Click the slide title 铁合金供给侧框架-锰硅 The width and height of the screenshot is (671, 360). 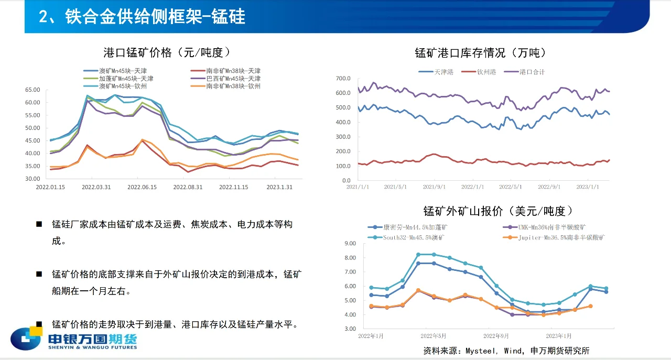click(x=142, y=17)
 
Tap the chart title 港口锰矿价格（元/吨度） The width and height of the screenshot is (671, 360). click(x=167, y=52)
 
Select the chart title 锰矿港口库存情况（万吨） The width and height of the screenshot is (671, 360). click(x=480, y=53)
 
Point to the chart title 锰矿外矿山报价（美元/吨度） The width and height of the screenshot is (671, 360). click(x=498, y=211)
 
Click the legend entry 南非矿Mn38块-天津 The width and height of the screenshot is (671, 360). click(x=233, y=71)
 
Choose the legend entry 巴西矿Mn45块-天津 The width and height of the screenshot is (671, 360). click(x=233, y=79)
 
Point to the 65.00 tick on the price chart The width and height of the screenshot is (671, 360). click(x=33, y=90)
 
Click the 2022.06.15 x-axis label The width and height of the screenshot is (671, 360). click(x=143, y=187)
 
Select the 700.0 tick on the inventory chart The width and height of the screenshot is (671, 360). click(x=343, y=79)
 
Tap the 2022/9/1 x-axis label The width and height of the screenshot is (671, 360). click(x=550, y=187)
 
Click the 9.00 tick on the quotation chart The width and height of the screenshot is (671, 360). click(x=349, y=243)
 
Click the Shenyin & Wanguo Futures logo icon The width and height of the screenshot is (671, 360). click(x=26, y=339)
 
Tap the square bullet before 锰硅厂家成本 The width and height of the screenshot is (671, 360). click(x=39, y=224)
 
